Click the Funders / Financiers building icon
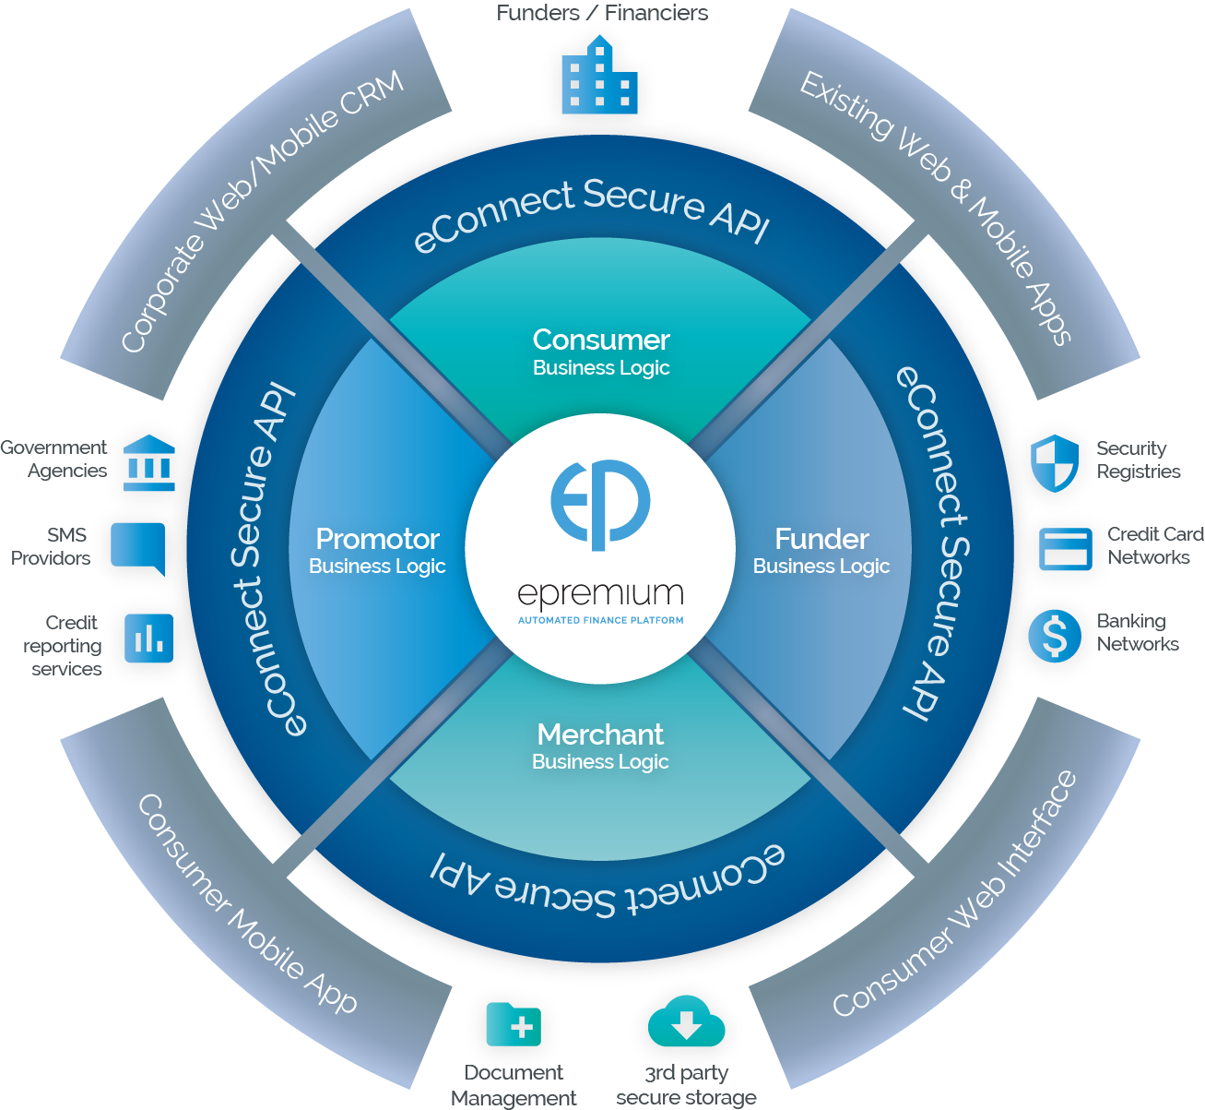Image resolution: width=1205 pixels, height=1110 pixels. coord(599,78)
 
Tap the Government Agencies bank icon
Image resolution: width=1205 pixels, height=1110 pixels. coord(148,459)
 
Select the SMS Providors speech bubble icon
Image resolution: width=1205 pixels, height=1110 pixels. coord(137,547)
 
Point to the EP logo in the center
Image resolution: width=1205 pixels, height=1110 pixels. coord(600,503)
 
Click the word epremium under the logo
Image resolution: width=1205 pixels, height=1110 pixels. coord(600,595)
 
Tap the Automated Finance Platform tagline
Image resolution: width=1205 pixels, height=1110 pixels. coord(600,620)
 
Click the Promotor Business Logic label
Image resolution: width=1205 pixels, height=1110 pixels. coord(377,551)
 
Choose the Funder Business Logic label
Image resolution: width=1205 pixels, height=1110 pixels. coord(821,551)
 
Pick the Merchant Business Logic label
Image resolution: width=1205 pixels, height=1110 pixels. coord(600,746)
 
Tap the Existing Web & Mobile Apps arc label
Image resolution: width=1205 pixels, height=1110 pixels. coord(937,207)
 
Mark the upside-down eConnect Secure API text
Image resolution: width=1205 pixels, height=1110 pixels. coord(608,881)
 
